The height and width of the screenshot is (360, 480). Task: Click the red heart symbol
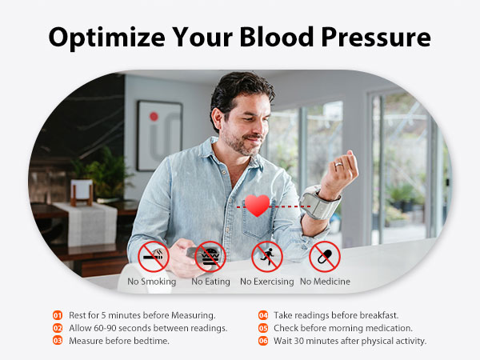click(x=257, y=206)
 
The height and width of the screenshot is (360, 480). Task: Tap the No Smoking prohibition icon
click(x=153, y=257)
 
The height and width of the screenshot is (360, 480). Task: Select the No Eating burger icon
click(x=210, y=257)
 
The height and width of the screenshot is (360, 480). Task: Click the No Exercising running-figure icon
click(x=267, y=257)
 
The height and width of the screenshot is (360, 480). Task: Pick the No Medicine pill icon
click(x=325, y=257)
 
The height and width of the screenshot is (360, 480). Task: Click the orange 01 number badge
click(x=58, y=315)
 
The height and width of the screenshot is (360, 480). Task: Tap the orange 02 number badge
click(x=58, y=328)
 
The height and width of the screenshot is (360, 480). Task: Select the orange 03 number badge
click(x=58, y=341)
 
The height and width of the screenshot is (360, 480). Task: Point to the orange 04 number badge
click(x=262, y=315)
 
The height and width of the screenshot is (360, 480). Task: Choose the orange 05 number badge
click(x=262, y=328)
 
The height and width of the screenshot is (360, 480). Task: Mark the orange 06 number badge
click(x=262, y=341)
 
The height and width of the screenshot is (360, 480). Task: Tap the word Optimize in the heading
click(x=98, y=38)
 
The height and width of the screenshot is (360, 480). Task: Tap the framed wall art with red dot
click(x=159, y=134)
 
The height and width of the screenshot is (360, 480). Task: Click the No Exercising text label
click(x=267, y=282)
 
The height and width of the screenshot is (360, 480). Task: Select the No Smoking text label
click(x=153, y=282)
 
